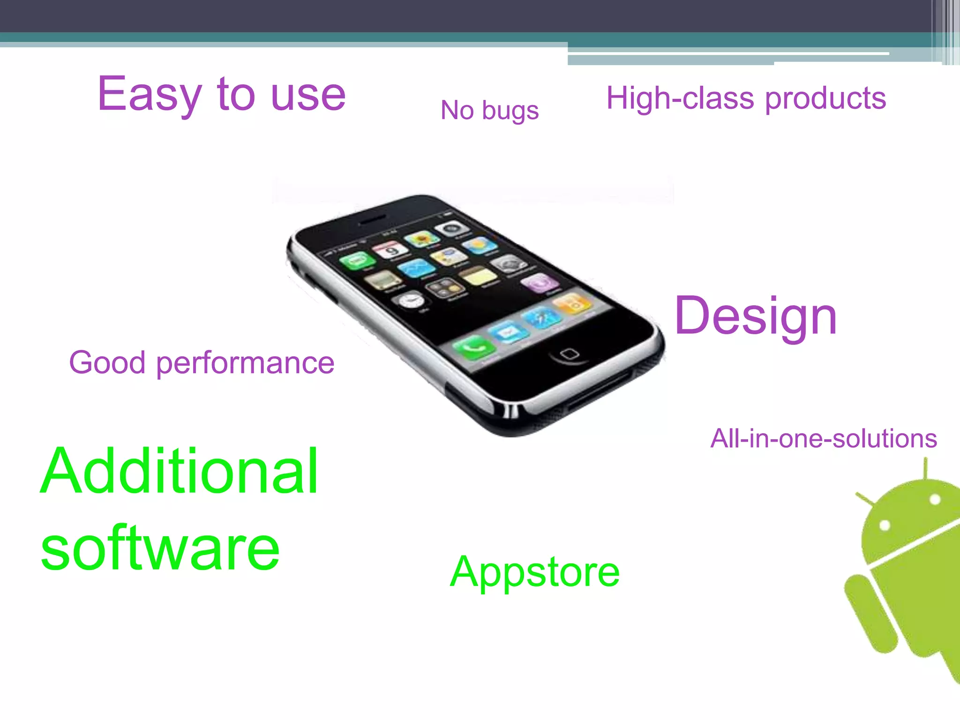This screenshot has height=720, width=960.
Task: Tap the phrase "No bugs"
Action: (x=489, y=111)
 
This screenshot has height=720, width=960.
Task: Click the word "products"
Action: (x=825, y=99)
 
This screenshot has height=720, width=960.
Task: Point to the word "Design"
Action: (x=756, y=316)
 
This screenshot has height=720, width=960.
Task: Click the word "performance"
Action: (x=245, y=363)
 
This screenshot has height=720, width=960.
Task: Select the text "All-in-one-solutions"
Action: (x=823, y=439)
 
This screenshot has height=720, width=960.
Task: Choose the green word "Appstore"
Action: (x=534, y=572)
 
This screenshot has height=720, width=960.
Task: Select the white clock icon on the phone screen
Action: (x=411, y=300)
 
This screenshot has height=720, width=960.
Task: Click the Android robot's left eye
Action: (x=885, y=525)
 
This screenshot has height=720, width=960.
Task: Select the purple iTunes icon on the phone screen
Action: (x=539, y=283)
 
